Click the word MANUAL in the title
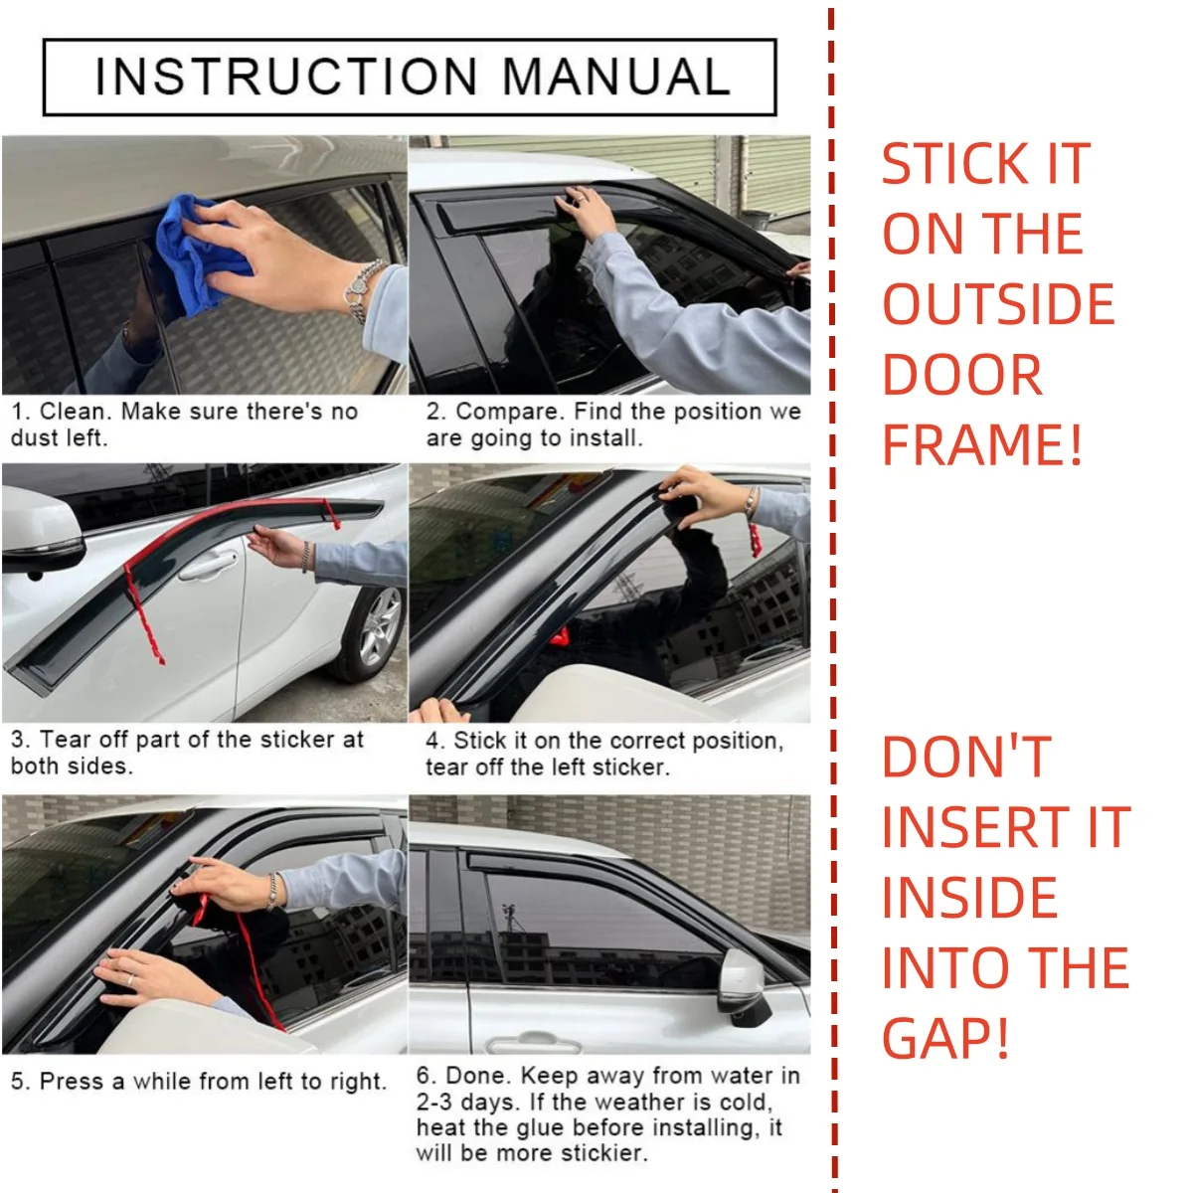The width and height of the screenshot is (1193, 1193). point(616,77)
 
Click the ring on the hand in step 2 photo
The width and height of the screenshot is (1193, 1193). point(582,199)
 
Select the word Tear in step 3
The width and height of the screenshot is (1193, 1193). point(60,740)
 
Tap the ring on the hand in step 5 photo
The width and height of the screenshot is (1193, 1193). point(129,979)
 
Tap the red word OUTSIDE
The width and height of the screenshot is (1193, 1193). point(998,304)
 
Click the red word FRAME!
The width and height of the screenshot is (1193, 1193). point(982,444)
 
